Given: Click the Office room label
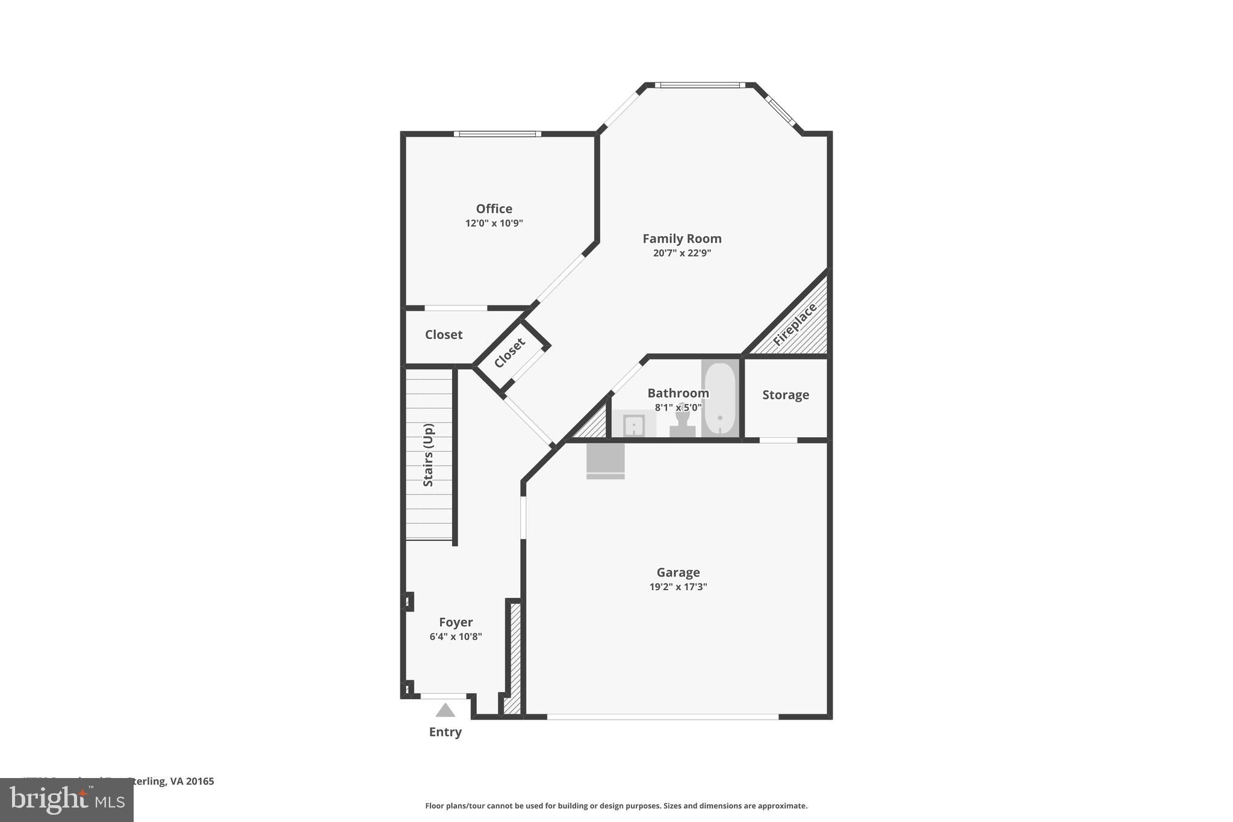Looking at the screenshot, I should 494,209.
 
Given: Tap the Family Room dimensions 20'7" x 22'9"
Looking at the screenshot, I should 682,253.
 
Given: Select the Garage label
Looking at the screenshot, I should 678,572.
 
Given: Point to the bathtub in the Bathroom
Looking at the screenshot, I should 719,397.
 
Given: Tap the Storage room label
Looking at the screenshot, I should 785,395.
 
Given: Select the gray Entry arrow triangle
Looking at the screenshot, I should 445,711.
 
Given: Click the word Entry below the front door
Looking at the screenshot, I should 445,732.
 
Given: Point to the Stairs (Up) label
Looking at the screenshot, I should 428,455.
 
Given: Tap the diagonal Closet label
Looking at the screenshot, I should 510,353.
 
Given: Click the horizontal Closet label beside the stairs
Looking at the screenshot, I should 444,335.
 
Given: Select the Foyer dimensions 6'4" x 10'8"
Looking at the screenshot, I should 456,637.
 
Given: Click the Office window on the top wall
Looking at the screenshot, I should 497,134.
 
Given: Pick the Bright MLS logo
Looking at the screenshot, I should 67,800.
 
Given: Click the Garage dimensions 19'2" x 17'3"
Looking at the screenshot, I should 678,587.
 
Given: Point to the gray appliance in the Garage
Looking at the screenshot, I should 606,461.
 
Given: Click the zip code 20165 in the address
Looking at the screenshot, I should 200,782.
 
